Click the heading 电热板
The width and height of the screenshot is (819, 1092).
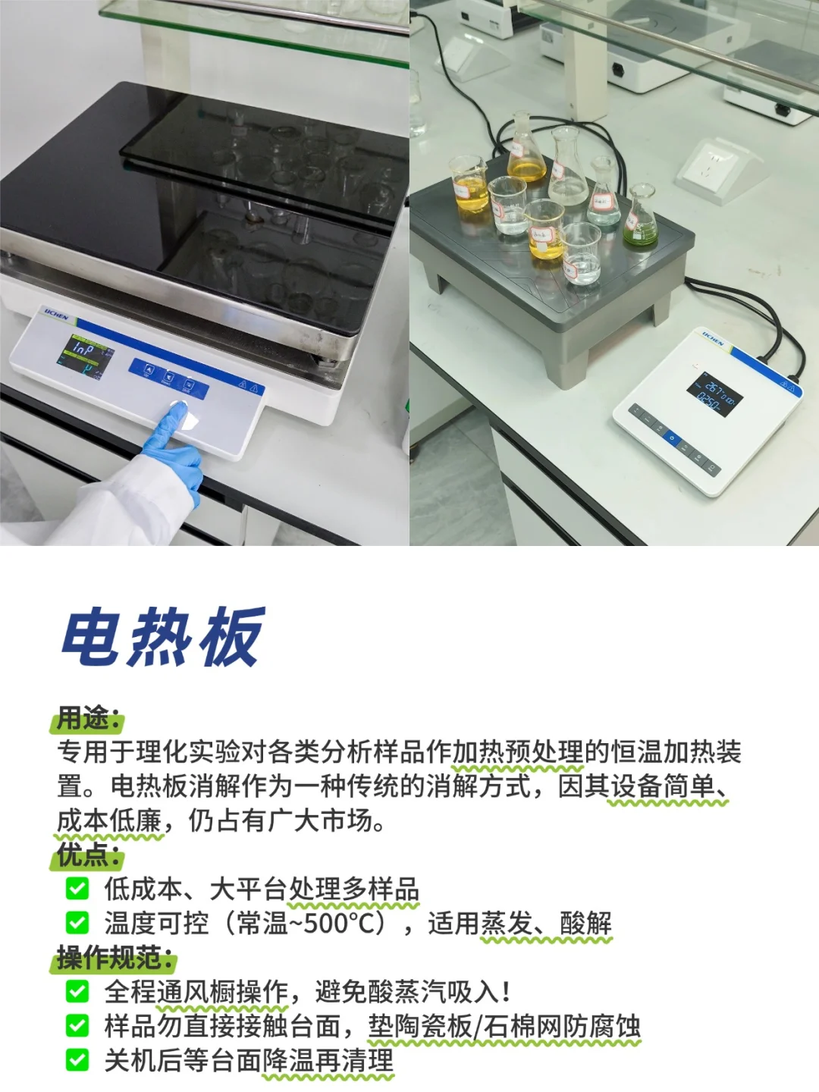point(162,637)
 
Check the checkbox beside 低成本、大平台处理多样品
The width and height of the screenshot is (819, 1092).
point(77,889)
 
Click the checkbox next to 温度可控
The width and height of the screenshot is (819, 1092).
point(77,923)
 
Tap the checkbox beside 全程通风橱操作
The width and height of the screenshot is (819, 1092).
point(77,991)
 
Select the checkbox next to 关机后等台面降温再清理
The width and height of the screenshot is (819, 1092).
point(77,1059)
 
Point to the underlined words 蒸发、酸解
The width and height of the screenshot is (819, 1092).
point(546,923)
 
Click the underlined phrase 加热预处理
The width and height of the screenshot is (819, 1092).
point(517,752)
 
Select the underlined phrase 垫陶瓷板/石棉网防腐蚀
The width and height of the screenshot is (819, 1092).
point(504,1025)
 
